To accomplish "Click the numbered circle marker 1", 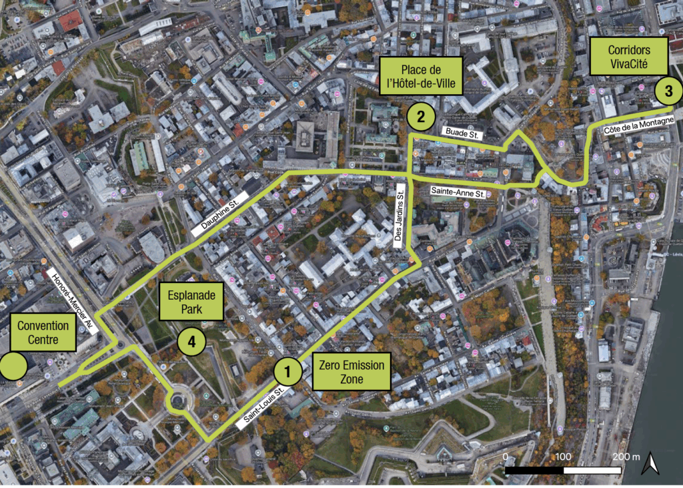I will click(x=288, y=370).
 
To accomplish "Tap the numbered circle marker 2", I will click(x=420, y=117).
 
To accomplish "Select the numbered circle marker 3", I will click(x=668, y=91).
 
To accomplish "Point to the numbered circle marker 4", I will click(x=191, y=342).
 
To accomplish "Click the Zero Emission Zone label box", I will click(x=352, y=373).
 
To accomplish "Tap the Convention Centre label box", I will click(x=43, y=332).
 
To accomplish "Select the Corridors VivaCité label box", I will click(x=628, y=56).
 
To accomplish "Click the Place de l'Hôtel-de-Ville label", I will click(x=422, y=77).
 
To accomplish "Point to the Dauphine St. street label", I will click(x=219, y=212).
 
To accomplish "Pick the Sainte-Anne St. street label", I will click(x=458, y=192).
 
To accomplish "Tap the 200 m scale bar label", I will click(x=625, y=457).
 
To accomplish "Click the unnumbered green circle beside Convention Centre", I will click(x=13, y=367).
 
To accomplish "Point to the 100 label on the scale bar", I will click(x=564, y=457).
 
